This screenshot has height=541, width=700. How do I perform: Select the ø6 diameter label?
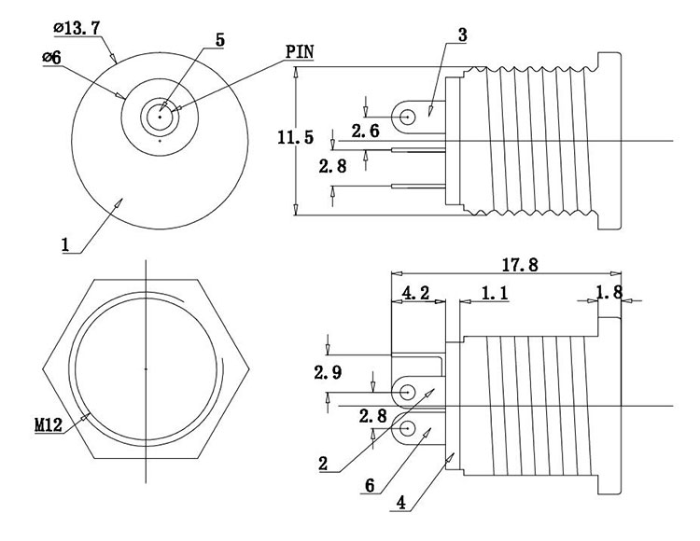(x=52, y=58)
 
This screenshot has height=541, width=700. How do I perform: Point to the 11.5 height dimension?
(x=295, y=138)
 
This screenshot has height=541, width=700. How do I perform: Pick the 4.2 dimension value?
(x=415, y=293)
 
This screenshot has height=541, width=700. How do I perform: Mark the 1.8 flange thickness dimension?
(x=609, y=293)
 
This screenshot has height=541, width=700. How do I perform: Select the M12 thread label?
(x=49, y=425)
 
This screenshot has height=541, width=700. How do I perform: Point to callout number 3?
(x=462, y=35)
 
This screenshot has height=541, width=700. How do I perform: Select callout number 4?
(x=400, y=503)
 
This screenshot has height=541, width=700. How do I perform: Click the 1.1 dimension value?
(x=495, y=293)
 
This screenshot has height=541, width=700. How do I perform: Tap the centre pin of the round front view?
(x=161, y=117)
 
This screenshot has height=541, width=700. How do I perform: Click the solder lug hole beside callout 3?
(x=408, y=118)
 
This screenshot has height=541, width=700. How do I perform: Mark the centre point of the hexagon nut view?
(x=146, y=369)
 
